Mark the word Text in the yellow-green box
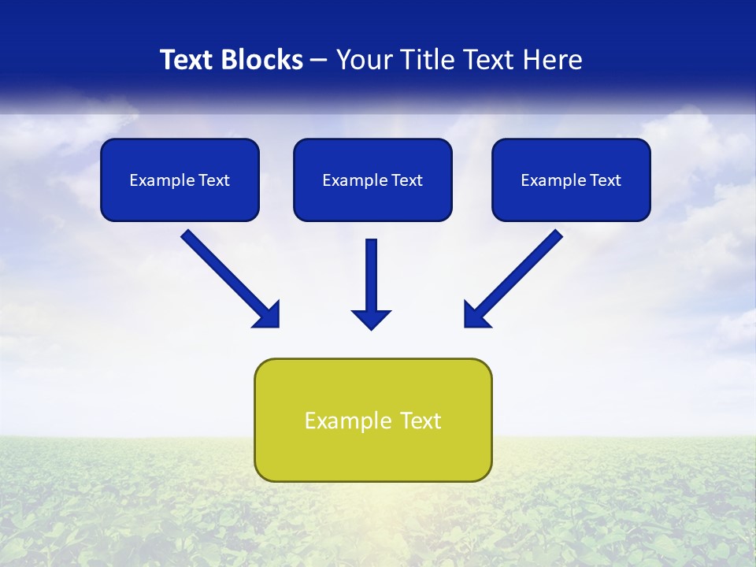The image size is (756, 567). coord(421,421)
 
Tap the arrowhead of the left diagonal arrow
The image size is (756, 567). coord(268,315)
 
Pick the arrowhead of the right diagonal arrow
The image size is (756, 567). coord(476,315)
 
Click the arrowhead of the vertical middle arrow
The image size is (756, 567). coord(371,319)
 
